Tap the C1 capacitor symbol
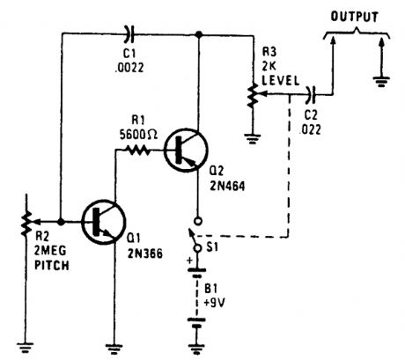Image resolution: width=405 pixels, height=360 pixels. pos(131,34)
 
